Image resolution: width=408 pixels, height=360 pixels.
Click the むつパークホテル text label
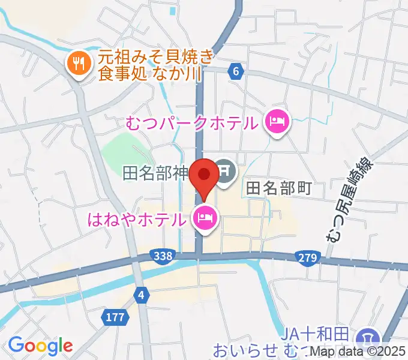coord(193,124)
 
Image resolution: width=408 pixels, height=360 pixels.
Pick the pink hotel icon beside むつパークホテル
coord(277,124)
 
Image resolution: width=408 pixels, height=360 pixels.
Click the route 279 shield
coord(306,257)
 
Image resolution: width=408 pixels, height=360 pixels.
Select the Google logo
coord(40,346)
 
